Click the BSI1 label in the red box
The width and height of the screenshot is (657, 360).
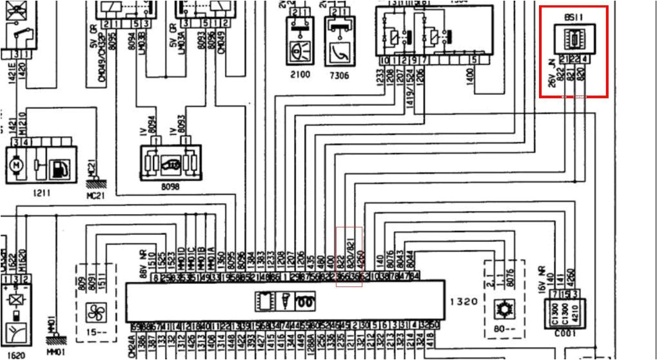(x=572, y=20)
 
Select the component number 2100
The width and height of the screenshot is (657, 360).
(x=299, y=74)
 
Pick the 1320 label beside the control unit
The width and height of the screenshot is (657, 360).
(x=464, y=301)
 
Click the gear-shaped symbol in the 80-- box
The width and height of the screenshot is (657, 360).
(x=500, y=310)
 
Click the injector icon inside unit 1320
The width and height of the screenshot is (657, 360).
(x=282, y=301)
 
